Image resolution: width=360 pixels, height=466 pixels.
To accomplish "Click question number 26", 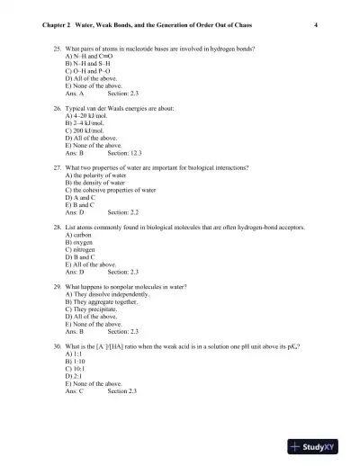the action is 57,109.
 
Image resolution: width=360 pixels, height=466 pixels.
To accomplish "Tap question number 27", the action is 57,168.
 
